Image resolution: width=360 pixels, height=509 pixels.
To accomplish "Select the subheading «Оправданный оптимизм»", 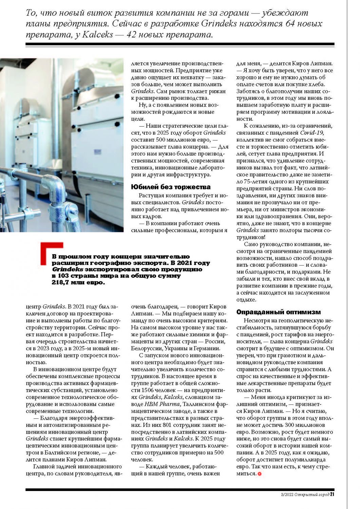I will [x=278, y=312].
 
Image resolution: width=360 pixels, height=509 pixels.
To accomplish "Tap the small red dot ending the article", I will [x=260, y=474].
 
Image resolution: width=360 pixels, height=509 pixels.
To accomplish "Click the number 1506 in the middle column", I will [x=149, y=390].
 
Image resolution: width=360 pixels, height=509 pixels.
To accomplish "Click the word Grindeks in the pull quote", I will [x=63, y=269].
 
